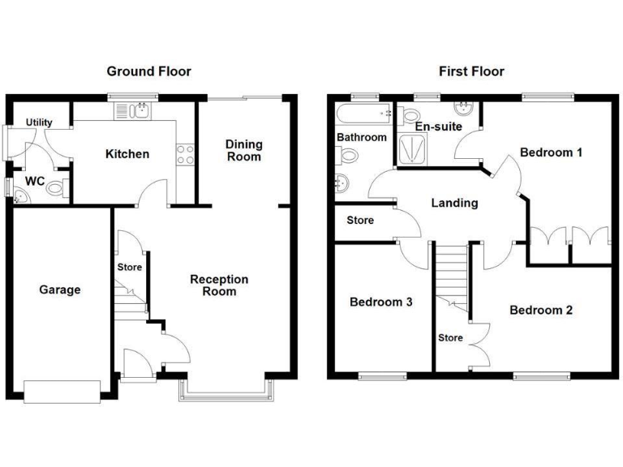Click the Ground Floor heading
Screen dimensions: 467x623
(x=149, y=71)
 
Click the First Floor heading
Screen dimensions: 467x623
(x=471, y=71)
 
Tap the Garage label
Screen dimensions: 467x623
(x=60, y=289)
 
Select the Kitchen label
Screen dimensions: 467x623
(x=128, y=154)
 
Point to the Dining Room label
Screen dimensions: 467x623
(x=244, y=150)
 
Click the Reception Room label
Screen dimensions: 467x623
(x=219, y=285)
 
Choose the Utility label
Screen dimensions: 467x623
(x=39, y=122)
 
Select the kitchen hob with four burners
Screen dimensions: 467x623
(x=185, y=154)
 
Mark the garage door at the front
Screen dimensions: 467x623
(x=64, y=391)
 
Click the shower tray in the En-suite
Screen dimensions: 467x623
(x=415, y=150)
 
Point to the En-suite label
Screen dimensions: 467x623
(x=438, y=127)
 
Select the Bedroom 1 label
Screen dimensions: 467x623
(x=551, y=152)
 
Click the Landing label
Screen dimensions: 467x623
(x=454, y=203)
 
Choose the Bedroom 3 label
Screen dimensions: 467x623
(x=380, y=302)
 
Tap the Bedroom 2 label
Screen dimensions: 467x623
(x=541, y=310)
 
